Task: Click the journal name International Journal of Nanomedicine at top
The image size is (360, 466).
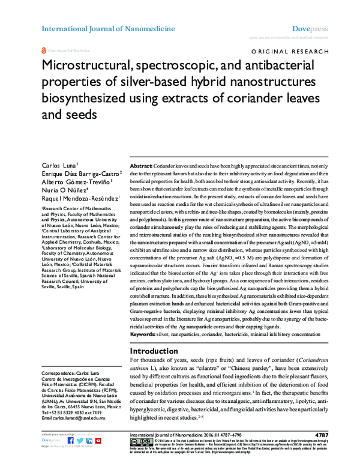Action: coord(107,28)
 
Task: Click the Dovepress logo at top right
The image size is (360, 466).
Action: coord(309,28)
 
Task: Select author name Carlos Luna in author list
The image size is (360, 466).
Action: coord(59,164)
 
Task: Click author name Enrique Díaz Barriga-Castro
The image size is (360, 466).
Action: coord(79,173)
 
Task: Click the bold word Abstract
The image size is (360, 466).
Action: coord(141,165)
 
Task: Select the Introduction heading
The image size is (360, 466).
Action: coord(158,351)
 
